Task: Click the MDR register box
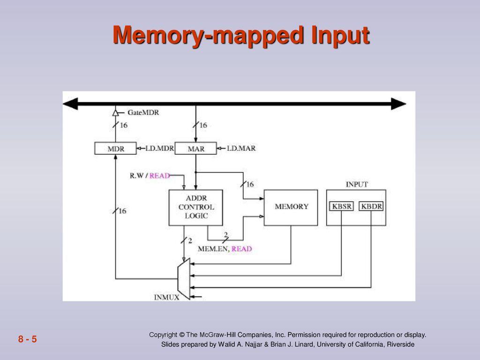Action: pyautogui.click(x=115, y=149)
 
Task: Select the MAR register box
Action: pyautogui.click(x=195, y=149)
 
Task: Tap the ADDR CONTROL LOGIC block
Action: pyautogui.click(x=196, y=208)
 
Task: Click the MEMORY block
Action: pyautogui.click(x=291, y=208)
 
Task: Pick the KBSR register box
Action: pyautogui.click(x=341, y=206)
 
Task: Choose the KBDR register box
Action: pyautogui.click(x=371, y=206)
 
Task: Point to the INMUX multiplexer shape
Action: pyautogui.click(x=184, y=279)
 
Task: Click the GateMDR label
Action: pyautogui.click(x=143, y=112)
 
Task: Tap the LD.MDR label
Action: pyautogui.click(x=159, y=149)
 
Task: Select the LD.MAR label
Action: pyautogui.click(x=241, y=149)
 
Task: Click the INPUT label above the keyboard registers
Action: pyautogui.click(x=357, y=184)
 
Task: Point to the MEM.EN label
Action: pyautogui.click(x=213, y=249)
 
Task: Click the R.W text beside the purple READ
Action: pyautogui.click(x=137, y=176)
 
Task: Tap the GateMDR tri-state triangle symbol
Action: pyautogui.click(x=115, y=113)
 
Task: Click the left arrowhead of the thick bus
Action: pyautogui.click(x=70, y=104)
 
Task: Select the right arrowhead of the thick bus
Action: pyautogui.click(x=398, y=104)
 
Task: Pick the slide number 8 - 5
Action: pyautogui.click(x=28, y=339)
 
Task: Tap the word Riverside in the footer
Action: pyautogui.click(x=401, y=345)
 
